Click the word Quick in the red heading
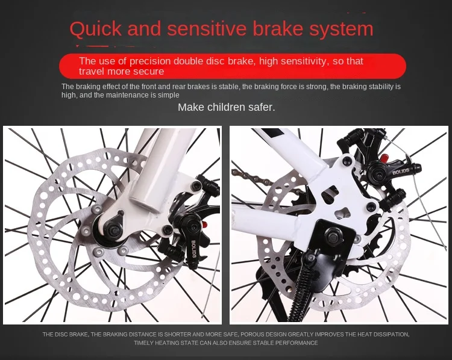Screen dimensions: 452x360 95,29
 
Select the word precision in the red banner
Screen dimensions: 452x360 150,61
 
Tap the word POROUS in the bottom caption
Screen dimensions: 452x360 251,334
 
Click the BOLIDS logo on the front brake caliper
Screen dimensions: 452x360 193,249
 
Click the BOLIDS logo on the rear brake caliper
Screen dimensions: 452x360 401,172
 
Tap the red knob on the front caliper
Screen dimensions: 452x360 205,224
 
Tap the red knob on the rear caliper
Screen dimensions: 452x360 384,158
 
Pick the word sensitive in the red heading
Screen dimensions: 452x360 207,29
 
